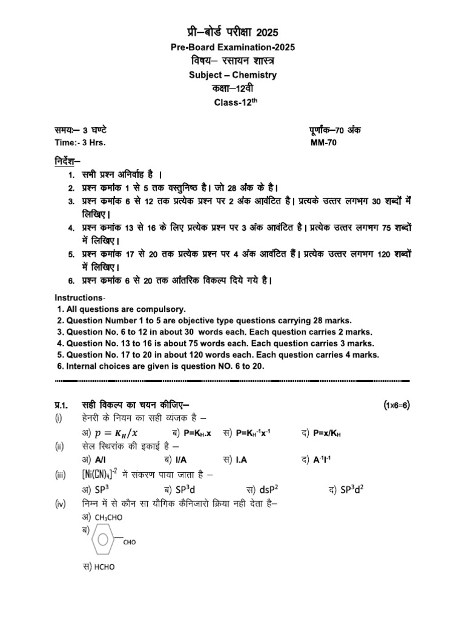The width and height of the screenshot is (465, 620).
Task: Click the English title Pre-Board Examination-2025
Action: pos(232,48)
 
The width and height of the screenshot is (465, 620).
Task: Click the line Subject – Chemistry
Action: pos(232,75)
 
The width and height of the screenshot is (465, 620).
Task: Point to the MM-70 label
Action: pos(324,143)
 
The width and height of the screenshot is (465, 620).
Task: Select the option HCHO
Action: pos(104,567)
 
